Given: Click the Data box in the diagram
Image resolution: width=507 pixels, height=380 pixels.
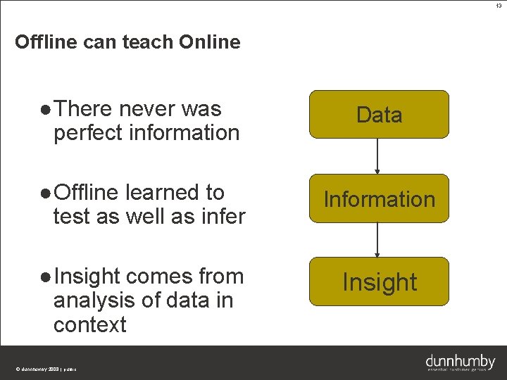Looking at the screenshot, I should (x=379, y=114).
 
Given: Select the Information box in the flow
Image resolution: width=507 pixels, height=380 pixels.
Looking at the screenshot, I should (x=379, y=198).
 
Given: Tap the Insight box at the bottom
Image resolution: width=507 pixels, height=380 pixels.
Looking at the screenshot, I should (x=379, y=281).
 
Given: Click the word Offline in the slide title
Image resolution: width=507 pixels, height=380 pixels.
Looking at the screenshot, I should (x=46, y=42).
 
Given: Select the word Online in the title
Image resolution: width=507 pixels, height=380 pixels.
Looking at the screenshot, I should (x=209, y=42).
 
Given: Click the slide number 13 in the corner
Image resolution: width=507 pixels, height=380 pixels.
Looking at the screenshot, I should (x=499, y=6).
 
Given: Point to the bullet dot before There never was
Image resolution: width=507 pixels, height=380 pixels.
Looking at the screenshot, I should (x=45, y=110).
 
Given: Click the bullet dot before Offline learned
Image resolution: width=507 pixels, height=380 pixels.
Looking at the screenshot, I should (x=45, y=194).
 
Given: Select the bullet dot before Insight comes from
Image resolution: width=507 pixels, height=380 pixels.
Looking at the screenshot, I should (x=45, y=278).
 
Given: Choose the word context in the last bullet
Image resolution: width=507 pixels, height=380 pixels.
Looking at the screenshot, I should (x=89, y=324).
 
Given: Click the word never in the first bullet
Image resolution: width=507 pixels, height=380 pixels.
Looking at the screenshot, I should (x=147, y=109).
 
